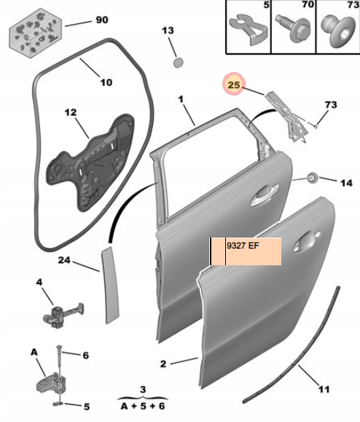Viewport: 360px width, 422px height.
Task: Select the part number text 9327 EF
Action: click(x=243, y=246)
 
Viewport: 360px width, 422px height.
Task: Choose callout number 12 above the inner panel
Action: click(x=70, y=113)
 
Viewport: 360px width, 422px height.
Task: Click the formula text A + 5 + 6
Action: click(x=144, y=405)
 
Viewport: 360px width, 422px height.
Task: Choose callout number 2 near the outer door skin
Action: click(x=164, y=363)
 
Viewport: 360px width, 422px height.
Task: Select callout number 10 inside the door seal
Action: click(x=106, y=82)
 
